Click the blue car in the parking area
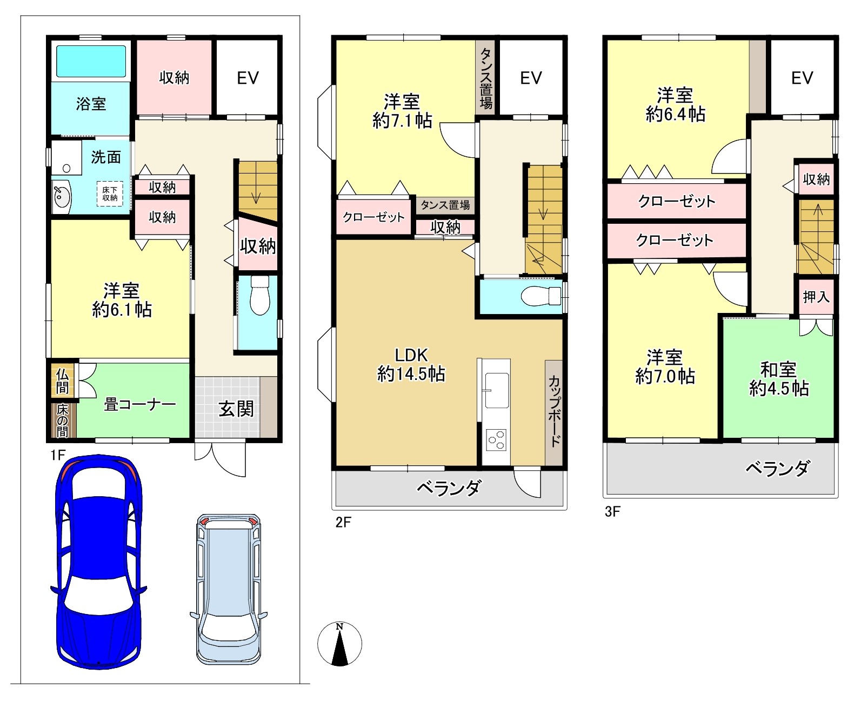[x=98, y=562]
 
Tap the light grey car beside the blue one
[x=229, y=589]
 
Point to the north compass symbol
[x=339, y=644]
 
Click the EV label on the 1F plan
[x=248, y=78]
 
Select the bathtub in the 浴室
[x=91, y=61]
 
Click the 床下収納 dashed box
[x=110, y=193]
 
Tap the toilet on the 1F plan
[x=260, y=295]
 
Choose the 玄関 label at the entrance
[x=236, y=409]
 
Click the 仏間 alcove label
[x=62, y=381]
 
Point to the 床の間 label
[x=62, y=421]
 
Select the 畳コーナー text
[x=140, y=404]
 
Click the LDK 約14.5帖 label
[x=411, y=365]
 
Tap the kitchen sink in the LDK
[x=497, y=391]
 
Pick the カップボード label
[x=554, y=411]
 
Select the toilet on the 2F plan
[x=541, y=296]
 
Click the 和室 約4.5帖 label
[x=779, y=379]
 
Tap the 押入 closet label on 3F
[x=816, y=297]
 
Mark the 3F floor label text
[x=612, y=511]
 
